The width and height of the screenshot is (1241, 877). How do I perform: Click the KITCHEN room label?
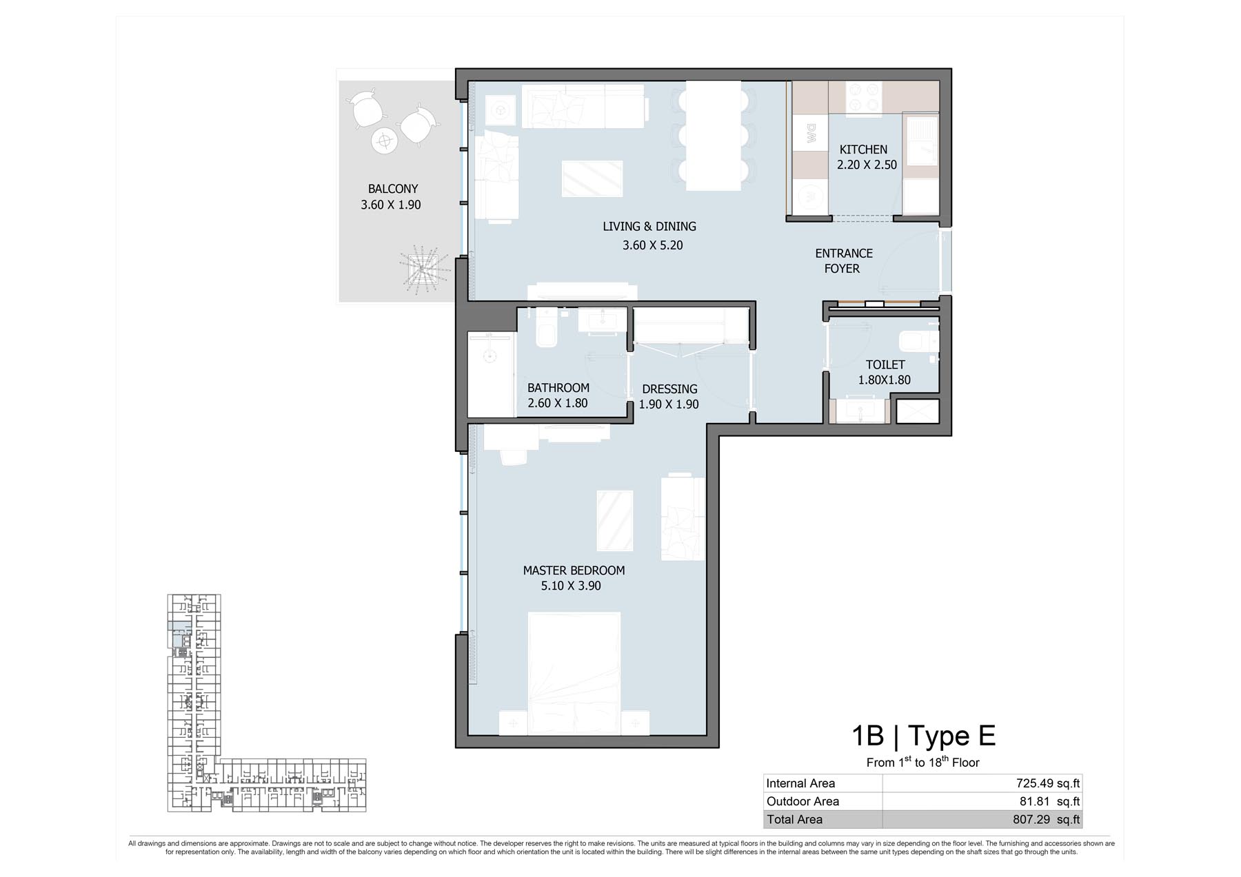coord(863,149)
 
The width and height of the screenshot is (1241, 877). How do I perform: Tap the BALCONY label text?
coord(393,189)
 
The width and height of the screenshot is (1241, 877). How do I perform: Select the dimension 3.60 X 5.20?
coord(652,245)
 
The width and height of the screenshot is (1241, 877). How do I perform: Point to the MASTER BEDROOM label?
coord(574,570)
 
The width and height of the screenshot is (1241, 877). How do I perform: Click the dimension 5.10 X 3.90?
coord(571,586)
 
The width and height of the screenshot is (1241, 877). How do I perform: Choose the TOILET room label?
coord(885,364)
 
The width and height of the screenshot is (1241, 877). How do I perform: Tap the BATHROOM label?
coord(558,388)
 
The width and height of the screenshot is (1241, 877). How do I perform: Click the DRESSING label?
coord(669,389)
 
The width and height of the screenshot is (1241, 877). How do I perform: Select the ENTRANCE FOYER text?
coord(844,261)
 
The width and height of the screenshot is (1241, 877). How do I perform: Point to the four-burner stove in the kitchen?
coord(864,97)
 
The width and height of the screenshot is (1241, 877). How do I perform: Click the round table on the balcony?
coord(384,141)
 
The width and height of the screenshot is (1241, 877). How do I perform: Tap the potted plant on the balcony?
coord(419,269)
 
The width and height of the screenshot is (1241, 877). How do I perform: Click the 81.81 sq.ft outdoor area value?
coord(1049,801)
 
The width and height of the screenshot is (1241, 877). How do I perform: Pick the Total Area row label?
coord(794,820)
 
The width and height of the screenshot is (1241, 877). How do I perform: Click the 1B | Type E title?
coord(923,736)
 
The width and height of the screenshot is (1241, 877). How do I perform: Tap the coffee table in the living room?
coord(592,179)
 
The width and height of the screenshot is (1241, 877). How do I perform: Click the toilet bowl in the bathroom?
coord(546,332)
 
